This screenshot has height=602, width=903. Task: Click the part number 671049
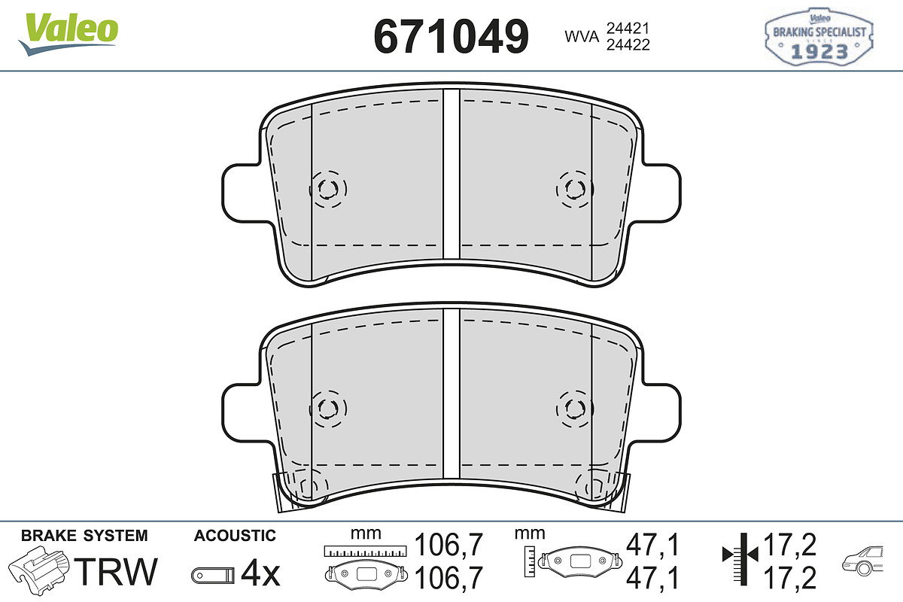coord(451,37)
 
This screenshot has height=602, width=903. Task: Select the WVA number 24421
coord(628,29)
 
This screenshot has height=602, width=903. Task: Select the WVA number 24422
coord(628,44)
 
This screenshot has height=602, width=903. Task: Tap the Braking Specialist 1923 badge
coord(819,36)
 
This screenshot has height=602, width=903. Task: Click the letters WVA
coord(582,36)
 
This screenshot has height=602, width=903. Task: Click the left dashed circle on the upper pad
coord(328,189)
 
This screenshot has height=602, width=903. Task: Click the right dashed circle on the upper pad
coord(574,189)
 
